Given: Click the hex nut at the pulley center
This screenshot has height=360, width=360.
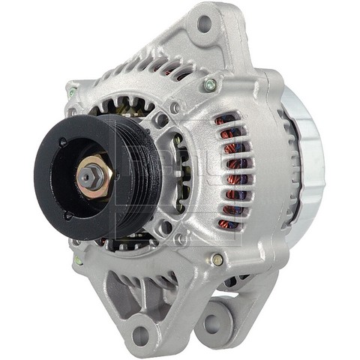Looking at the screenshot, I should [x=89, y=175].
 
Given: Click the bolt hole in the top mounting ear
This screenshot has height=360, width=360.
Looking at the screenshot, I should [x=205, y=23].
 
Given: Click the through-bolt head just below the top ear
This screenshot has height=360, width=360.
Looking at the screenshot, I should [x=210, y=84].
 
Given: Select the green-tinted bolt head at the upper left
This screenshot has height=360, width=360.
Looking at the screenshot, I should [x=73, y=94].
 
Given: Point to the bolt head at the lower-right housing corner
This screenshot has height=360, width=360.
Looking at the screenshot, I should [x=217, y=259].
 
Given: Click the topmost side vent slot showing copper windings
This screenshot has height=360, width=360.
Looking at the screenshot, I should [x=222, y=119].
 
